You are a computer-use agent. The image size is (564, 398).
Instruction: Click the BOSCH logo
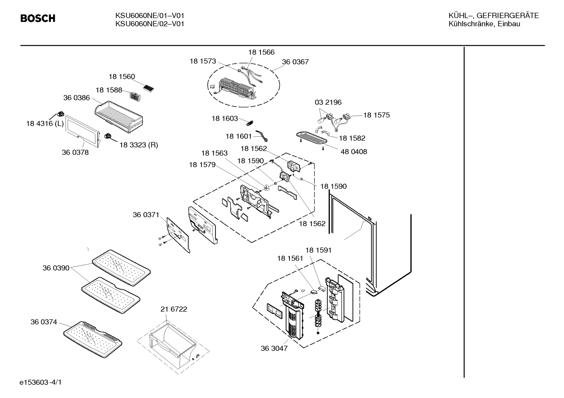38,18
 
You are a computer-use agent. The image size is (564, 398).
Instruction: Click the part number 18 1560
122,77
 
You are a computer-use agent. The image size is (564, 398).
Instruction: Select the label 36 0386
76,98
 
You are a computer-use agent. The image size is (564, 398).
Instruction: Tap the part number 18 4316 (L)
45,123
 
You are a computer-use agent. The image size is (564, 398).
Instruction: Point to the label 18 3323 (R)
138,145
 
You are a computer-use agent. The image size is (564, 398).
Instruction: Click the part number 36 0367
295,62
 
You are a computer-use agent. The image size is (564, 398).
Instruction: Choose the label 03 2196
328,102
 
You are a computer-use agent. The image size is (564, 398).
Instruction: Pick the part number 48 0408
354,152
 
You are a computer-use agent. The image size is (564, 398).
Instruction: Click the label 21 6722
174,309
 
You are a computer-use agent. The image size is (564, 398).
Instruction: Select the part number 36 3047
274,348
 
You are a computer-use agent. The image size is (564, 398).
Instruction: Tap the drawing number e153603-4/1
41,382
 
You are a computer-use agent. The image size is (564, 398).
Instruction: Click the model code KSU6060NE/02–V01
150,24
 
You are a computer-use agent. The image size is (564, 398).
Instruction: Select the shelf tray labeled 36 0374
93,339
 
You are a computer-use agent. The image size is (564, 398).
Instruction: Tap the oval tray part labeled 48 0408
312,138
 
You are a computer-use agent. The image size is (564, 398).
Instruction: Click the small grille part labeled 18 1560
148,88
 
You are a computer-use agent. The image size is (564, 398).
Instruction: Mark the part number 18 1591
318,250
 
